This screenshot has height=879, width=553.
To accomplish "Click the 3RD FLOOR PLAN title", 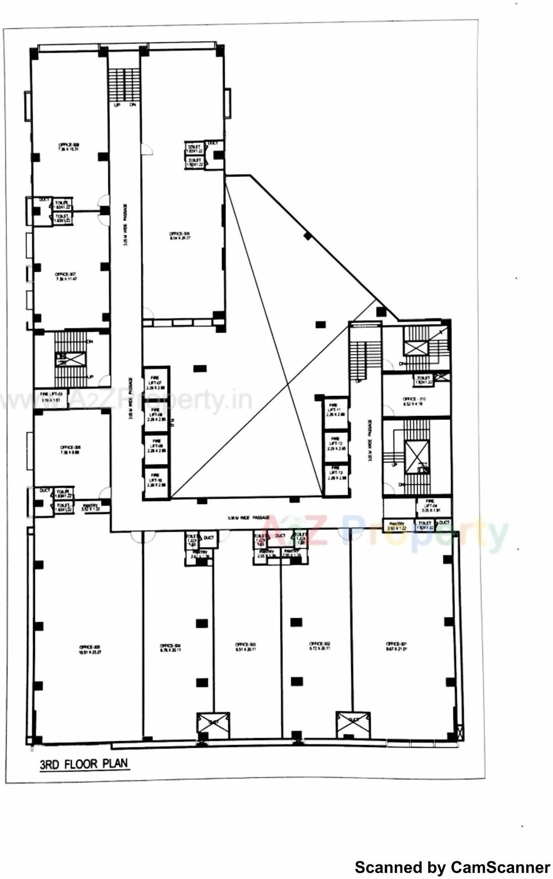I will (x=84, y=764).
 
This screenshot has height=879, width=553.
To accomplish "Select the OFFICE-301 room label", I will (x=397, y=646).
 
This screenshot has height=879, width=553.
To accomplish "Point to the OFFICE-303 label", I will (x=246, y=647).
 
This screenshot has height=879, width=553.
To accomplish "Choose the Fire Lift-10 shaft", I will (x=156, y=483).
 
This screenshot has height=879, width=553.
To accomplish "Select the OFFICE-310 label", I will (x=414, y=401).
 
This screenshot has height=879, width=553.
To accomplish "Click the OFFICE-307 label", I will (x=65, y=277).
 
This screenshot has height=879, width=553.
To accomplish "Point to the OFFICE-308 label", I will (x=69, y=147).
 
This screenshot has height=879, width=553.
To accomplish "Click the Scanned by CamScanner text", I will (x=452, y=867).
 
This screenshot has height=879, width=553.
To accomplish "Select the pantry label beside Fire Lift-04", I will (x=397, y=526).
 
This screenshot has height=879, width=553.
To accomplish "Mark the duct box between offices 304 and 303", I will (x=213, y=725).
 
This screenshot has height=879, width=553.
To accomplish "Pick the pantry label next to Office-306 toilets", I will (x=91, y=507).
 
